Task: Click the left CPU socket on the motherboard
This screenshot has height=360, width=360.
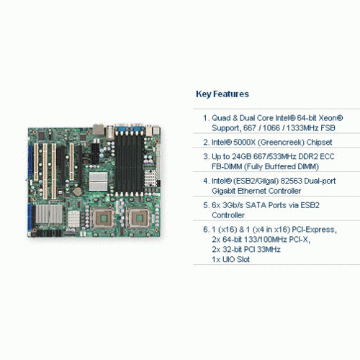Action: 102,218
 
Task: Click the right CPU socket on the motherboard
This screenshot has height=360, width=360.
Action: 138,218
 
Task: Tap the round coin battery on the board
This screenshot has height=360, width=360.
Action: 78,192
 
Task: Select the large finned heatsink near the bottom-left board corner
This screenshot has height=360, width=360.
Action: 49,214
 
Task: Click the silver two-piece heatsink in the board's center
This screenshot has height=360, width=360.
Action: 98,181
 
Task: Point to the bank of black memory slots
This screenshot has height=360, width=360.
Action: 129,165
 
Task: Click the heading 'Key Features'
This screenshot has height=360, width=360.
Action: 222,94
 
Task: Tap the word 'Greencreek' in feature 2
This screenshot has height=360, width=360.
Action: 281,142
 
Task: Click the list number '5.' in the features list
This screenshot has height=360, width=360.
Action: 207,205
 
